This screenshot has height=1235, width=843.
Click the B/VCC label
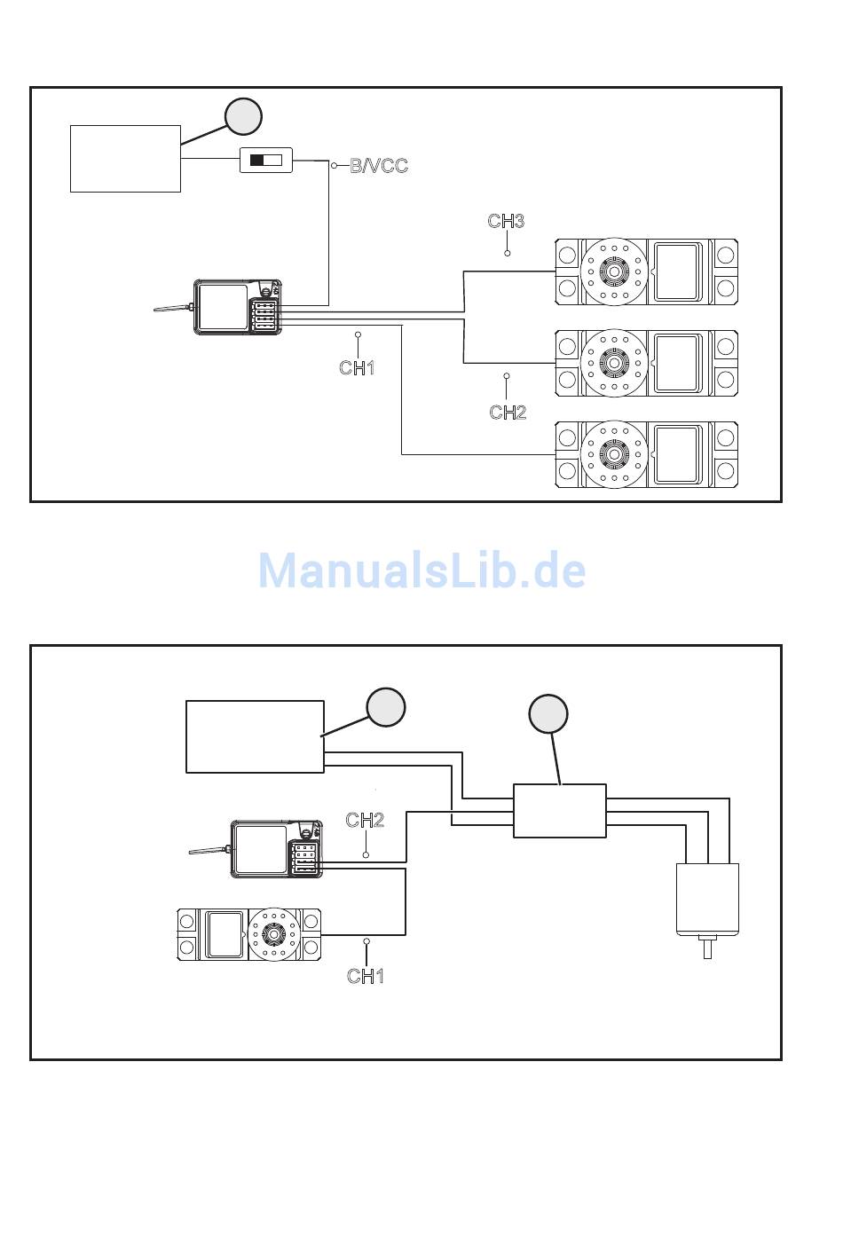pos(379,166)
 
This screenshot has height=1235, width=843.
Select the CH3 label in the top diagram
pos(506,221)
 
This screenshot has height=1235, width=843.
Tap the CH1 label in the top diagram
pos(357,366)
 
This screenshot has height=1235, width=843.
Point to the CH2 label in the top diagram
pos(508,412)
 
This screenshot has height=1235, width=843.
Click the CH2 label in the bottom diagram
pos(365,820)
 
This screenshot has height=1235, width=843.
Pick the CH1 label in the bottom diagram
pos(366,976)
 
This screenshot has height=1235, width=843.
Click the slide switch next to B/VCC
pos(266,161)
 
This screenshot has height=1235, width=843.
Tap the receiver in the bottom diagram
pos(276,849)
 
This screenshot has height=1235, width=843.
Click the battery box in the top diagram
pos(125,159)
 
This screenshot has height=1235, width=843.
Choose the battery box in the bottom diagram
pos(255,736)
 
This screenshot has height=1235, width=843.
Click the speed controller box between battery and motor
pos(560,810)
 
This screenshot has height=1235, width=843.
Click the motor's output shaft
pos(707,948)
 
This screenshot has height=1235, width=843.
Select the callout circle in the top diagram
pos(242,116)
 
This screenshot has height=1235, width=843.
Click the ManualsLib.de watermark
pos(421,570)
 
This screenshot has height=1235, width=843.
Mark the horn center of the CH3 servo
pos(611,271)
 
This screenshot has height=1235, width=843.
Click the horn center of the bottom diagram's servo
pos(274,934)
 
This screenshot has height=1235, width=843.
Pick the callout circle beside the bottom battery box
pos(386,707)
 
